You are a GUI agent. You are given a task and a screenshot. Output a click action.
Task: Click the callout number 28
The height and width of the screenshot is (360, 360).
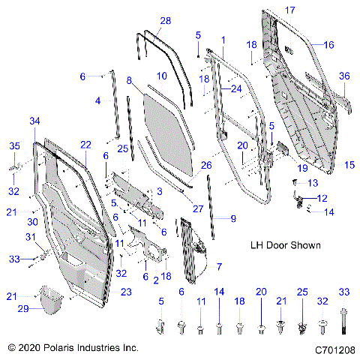pyautogui.click(x=165, y=19)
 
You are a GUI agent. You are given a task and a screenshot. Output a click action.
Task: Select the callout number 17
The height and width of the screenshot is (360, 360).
pyautogui.click(x=290, y=10)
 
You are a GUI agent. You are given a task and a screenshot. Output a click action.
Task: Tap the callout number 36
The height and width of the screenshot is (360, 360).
pyautogui.click(x=344, y=76)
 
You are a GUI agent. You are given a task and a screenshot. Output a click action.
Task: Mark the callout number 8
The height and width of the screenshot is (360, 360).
pyautogui.click(x=130, y=79)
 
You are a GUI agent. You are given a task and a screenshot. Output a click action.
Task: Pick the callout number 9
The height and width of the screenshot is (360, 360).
pyautogui.click(x=233, y=218)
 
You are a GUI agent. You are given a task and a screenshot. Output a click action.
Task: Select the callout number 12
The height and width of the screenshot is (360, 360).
pyautogui.click(x=322, y=198)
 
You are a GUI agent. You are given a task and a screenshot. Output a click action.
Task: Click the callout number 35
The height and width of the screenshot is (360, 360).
pyautogui.click(x=13, y=145)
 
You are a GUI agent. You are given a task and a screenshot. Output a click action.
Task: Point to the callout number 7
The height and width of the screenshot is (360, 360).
pyautogui.click(x=219, y=266)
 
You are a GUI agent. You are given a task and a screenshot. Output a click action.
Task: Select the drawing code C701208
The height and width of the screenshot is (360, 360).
pyautogui.click(x=334, y=349)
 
